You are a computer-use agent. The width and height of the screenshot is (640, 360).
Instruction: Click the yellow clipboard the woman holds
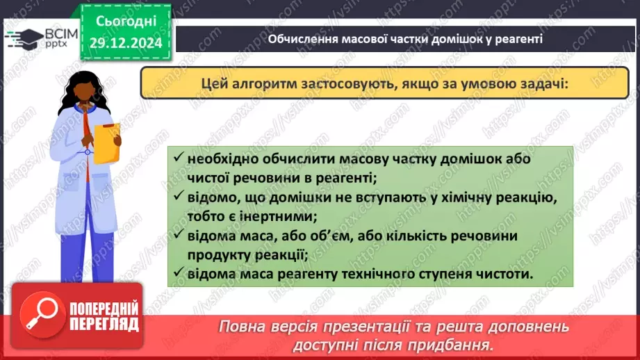click(107, 142)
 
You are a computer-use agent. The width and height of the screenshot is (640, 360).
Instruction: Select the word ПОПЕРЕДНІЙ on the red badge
click(104, 309)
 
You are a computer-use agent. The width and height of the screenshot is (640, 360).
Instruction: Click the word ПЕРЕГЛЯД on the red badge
click(104, 324)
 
